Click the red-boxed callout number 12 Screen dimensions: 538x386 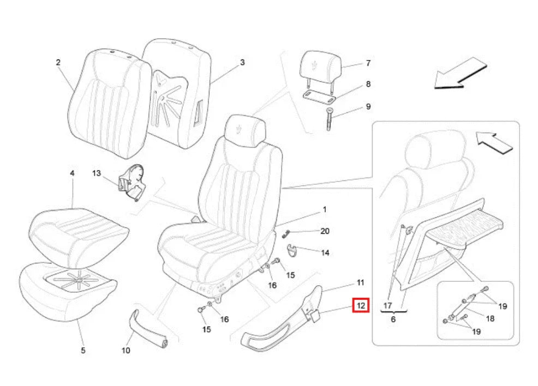coord(361,305)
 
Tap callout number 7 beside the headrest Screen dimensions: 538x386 coord(368,63)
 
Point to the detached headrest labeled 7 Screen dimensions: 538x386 coord(320,73)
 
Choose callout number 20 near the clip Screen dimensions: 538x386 coord(325,231)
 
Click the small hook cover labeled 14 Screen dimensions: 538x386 coord(294,249)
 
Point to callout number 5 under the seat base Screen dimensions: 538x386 coord(83,351)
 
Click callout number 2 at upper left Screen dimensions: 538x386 coord(58,62)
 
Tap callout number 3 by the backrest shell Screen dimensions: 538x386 coord(242,62)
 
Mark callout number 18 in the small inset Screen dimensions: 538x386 coord(490,318)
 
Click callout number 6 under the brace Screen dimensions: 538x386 coord(393,319)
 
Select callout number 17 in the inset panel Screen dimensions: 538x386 coord(387,305)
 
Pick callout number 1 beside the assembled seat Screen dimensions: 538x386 coord(325,209)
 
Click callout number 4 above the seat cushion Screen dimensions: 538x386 coord(72,173)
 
